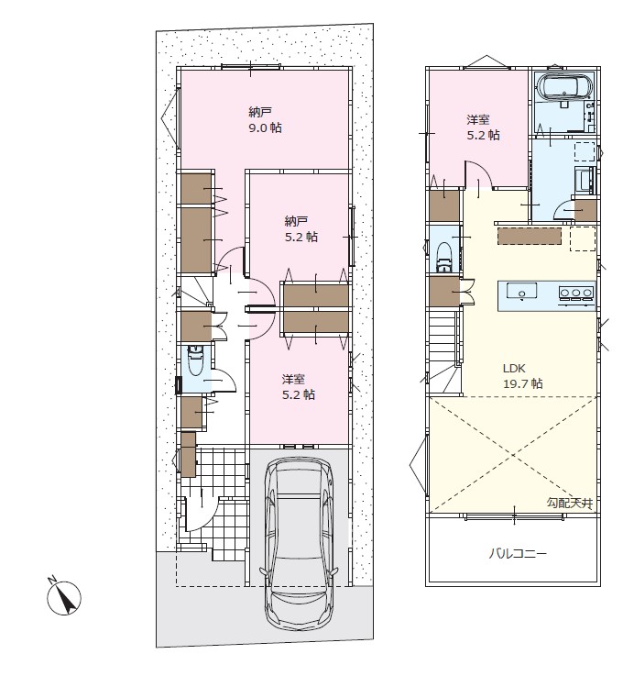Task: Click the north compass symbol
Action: point(64,598)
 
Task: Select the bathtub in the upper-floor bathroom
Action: point(565,86)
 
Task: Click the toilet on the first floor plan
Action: point(195,360)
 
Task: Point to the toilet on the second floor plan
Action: point(444,258)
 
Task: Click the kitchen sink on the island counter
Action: point(521,291)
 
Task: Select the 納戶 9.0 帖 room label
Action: point(265,120)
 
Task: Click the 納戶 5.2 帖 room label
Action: point(301,229)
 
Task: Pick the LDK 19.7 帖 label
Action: point(523,376)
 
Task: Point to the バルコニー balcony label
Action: point(518,554)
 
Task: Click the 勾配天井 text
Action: point(569,503)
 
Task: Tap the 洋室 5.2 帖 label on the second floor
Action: point(483,127)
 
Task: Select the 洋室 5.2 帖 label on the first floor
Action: point(299,386)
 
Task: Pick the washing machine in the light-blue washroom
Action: point(584,179)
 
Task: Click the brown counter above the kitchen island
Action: point(530,236)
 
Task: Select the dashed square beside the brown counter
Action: point(583,238)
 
